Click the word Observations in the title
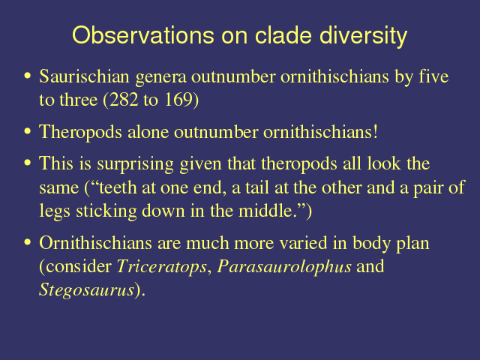[143, 35]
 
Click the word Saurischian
[84, 76]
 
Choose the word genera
[160, 78]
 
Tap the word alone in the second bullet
[148, 132]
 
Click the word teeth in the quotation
[118, 187]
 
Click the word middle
[264, 211]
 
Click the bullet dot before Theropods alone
[28, 131]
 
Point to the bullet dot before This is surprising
[28, 163]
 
